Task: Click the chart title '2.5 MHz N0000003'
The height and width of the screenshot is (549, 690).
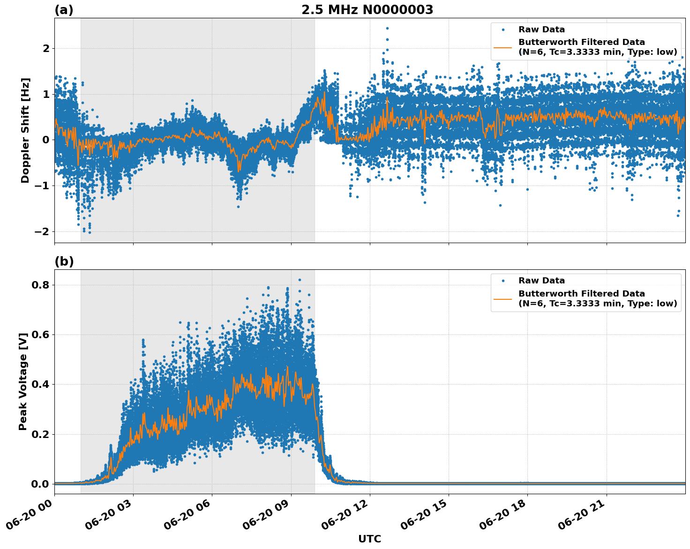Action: [367, 10]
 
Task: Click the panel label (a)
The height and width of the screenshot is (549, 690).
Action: [64, 10]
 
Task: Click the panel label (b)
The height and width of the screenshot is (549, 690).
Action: [64, 261]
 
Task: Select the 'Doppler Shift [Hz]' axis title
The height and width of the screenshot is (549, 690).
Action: [25, 130]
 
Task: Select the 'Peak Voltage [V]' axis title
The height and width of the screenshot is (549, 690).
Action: [23, 381]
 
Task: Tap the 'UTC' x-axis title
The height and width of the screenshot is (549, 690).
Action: [369, 539]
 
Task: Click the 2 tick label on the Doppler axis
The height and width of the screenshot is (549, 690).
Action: [46, 48]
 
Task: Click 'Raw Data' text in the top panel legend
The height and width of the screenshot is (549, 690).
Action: [541, 30]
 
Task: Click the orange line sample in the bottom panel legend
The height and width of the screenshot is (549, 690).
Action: [502, 298]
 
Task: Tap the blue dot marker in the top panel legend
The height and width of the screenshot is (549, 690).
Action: [502, 30]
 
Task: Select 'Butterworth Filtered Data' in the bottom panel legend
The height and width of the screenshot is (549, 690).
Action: [581, 294]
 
